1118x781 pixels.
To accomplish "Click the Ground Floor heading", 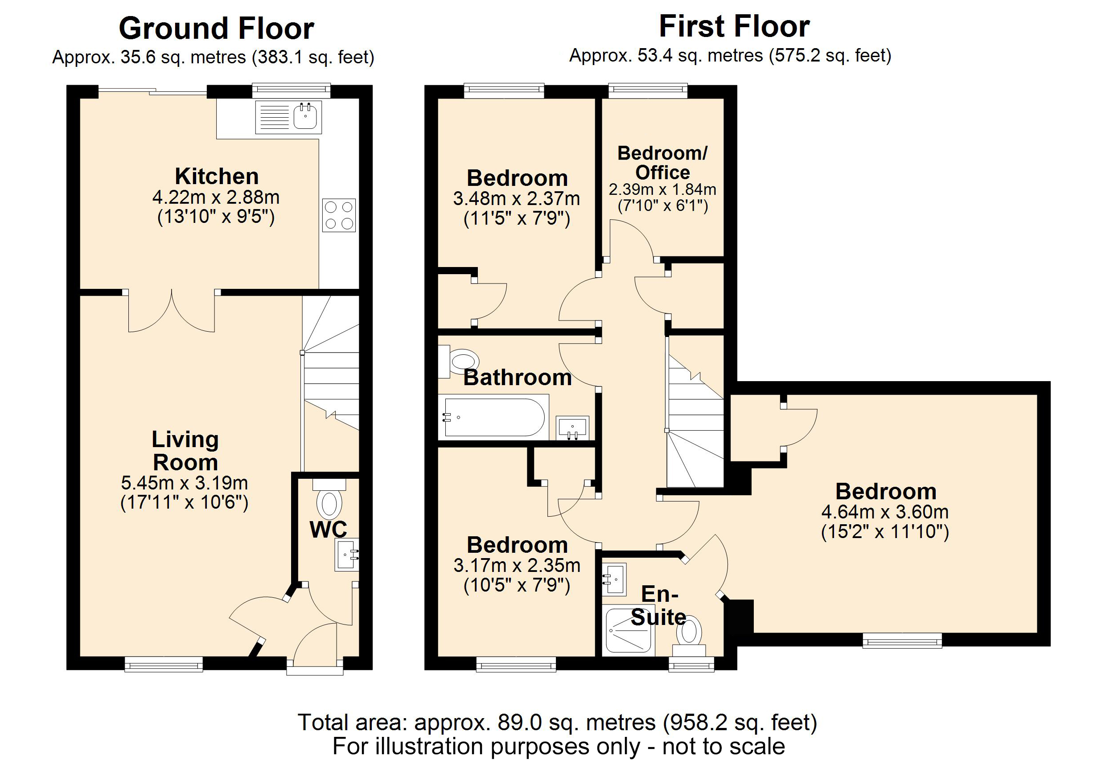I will point(216,29).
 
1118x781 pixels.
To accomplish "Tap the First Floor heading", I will point(734,26).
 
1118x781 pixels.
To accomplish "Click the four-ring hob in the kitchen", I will point(339,215).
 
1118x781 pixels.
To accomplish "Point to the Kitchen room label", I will point(217,176).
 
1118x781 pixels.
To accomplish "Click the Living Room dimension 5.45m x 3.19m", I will point(185,483).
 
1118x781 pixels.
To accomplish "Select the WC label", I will point(328,530).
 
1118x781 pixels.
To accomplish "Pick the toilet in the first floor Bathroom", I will point(460,361).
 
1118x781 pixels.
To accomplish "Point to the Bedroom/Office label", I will point(662,163).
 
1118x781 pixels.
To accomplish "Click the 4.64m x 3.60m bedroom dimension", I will point(885,512).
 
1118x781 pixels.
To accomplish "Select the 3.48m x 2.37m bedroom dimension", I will point(516,199).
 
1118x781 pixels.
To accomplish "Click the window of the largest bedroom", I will point(902,640).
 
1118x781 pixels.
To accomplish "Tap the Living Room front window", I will point(164,664).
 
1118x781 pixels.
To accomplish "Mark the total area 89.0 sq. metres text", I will point(557,722).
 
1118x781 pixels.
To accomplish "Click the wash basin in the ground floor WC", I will point(347,554).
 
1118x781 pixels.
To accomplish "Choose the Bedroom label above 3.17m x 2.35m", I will point(517,545).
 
